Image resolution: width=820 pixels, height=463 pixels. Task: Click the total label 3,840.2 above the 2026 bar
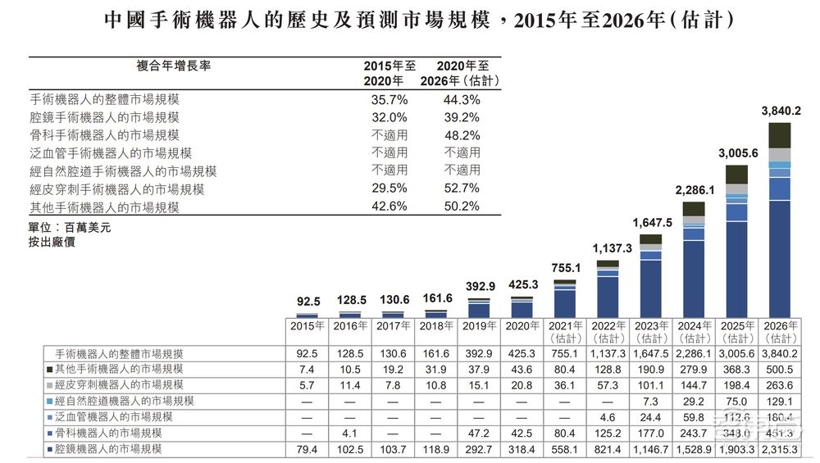coord(781,111)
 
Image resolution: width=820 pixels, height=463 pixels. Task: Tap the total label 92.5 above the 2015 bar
coord(307,302)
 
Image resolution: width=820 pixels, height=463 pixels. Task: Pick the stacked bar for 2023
coord(651,276)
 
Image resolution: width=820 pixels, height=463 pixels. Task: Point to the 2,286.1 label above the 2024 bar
coord(695,190)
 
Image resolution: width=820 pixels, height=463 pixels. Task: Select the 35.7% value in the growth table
coord(389,99)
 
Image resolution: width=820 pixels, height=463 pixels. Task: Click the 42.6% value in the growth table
coord(389,207)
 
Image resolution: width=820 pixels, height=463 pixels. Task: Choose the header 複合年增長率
coord(173,66)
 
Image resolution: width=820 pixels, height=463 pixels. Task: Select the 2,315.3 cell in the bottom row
coord(781,449)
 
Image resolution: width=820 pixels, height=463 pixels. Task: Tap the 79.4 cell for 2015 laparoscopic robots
coord(307,449)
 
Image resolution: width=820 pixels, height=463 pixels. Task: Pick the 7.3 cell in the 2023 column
coord(651,401)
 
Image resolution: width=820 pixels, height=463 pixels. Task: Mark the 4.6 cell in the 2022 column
coord(608,417)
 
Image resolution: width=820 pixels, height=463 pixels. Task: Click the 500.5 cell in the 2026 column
coord(781,370)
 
